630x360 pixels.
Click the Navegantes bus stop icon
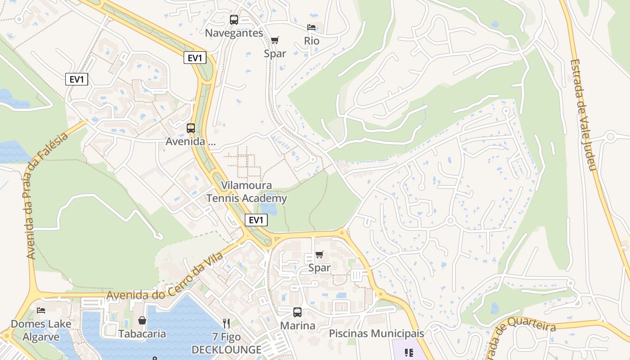click(x=234, y=20)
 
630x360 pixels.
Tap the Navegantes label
click(x=234, y=33)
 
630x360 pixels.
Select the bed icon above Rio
click(x=311, y=27)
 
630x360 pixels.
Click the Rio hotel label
click(x=311, y=41)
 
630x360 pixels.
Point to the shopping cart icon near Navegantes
click(x=275, y=40)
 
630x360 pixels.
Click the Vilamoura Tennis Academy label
click(x=247, y=192)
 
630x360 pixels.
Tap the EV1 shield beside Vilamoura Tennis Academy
click(x=256, y=220)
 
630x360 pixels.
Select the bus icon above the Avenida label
click(x=191, y=128)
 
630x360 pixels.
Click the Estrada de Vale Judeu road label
click(x=583, y=115)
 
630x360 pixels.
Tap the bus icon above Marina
click(x=297, y=312)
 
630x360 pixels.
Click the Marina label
click(x=297, y=325)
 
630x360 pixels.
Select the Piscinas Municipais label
click(x=377, y=333)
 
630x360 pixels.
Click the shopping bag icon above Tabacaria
click(x=142, y=320)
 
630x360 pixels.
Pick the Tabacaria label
click(x=142, y=334)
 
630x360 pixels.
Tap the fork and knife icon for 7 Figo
click(x=226, y=323)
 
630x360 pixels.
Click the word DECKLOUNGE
click(x=226, y=350)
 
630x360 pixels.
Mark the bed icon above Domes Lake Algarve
click(x=41, y=310)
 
